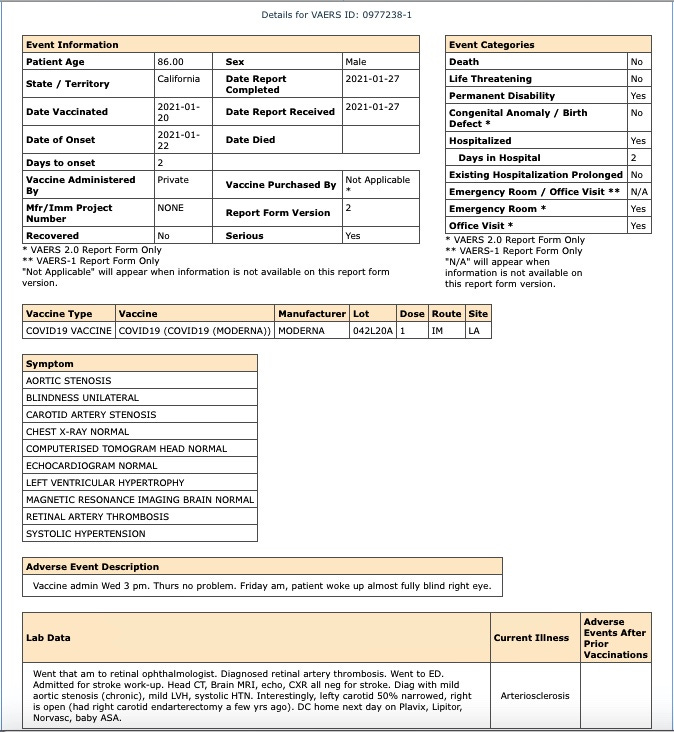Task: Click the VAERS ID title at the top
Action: (336, 15)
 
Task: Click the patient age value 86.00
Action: (171, 62)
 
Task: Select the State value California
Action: (179, 79)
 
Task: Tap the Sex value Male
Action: (356, 62)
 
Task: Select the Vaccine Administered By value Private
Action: (173, 180)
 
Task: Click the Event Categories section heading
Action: (492, 45)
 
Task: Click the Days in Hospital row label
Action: (500, 158)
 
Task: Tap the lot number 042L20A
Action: (372, 330)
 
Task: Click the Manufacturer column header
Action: (312, 314)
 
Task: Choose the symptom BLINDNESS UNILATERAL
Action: (83, 398)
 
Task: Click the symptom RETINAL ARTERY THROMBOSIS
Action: (98, 517)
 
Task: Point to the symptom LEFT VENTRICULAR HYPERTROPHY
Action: (105, 483)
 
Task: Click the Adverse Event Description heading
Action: (93, 567)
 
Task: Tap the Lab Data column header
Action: (48, 637)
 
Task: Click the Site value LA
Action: (473, 330)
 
